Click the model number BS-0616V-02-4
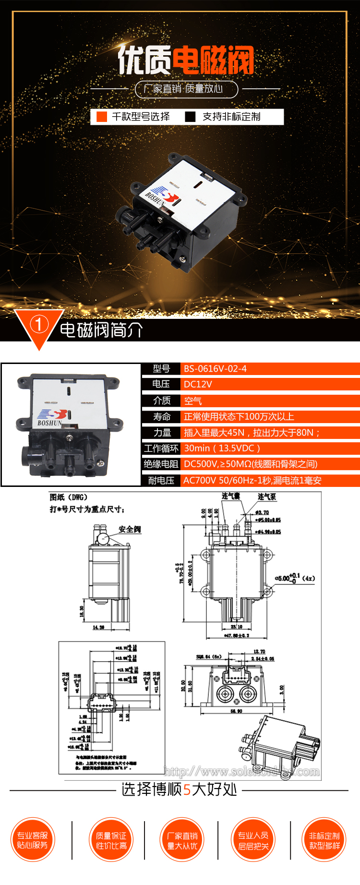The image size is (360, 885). click(x=215, y=369)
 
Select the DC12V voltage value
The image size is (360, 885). click(x=198, y=384)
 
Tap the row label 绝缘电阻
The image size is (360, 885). click(x=161, y=464)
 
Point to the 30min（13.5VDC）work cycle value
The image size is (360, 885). click(x=222, y=448)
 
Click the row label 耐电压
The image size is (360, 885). click(x=161, y=480)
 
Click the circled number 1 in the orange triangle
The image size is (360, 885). click(x=39, y=325)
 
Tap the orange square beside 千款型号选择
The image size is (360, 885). click(x=102, y=117)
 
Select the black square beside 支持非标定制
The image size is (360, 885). click(x=191, y=117)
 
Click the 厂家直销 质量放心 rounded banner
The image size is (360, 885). click(x=186, y=89)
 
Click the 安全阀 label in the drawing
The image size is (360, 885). click(x=130, y=529)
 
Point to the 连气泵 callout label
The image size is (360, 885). click(x=266, y=497)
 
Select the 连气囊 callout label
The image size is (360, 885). click(x=230, y=496)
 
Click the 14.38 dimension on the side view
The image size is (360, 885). click(x=98, y=627)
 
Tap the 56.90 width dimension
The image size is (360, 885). click(x=236, y=711)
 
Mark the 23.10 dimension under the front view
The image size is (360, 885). click(x=237, y=627)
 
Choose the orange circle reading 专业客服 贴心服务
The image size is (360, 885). click(x=33, y=840)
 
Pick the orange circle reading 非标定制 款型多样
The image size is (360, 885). click(x=324, y=840)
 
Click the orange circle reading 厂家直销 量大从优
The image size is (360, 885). click(x=182, y=840)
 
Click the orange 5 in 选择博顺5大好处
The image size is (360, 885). click(x=187, y=790)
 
